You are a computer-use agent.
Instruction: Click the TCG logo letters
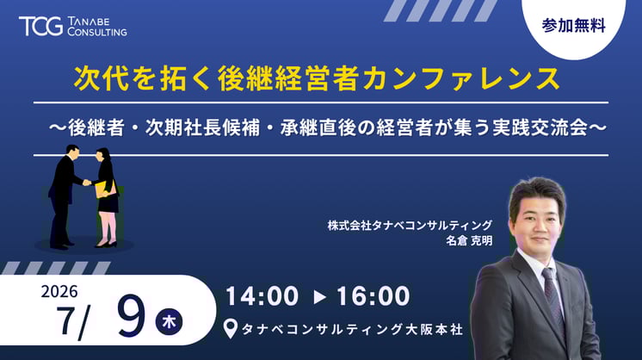40,26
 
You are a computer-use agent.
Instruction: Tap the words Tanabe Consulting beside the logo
96,26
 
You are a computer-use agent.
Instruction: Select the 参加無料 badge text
574,26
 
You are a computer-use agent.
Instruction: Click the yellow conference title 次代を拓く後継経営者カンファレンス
316,78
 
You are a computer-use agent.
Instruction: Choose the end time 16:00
374,296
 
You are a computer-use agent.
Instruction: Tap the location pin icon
229,329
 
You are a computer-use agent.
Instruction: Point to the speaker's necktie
552,297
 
